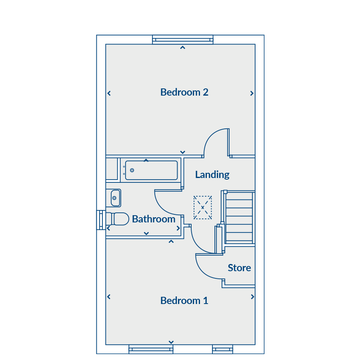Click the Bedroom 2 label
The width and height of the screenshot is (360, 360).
[x=184, y=92]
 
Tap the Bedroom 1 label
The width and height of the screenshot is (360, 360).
[x=184, y=300]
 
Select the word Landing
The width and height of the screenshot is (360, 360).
[x=212, y=175]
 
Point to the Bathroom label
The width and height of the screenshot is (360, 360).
[x=154, y=219]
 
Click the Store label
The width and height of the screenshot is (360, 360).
[x=239, y=268]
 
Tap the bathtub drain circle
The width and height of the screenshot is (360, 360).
[x=132, y=170]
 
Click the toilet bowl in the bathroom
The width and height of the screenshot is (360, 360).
[x=120, y=219]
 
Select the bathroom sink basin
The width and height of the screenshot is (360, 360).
[x=116, y=198]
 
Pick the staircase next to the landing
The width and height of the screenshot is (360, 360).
[x=239, y=218]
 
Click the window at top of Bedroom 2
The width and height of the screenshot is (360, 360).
[x=183, y=40]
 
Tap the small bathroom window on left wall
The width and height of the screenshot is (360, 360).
[x=101, y=220]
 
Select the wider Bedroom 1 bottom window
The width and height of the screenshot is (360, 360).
[x=151, y=349]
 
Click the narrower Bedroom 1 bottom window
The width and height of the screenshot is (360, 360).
[x=222, y=349]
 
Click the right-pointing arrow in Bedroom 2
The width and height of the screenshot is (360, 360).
[x=252, y=93]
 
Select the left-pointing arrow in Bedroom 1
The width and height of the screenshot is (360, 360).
[x=109, y=297]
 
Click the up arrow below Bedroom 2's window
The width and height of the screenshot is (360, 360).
[x=182, y=48]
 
